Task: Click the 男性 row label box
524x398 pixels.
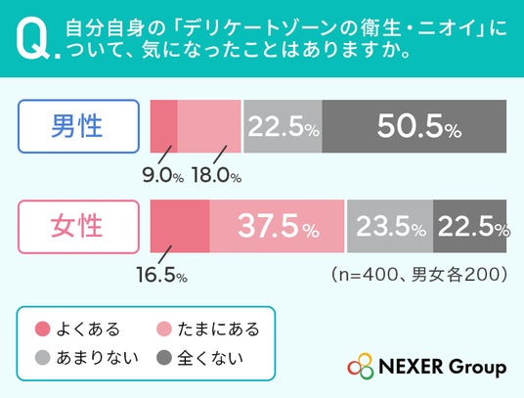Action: coord(78,126)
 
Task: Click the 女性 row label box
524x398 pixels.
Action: coord(78,227)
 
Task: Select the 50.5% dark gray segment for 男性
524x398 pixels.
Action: coord(415,126)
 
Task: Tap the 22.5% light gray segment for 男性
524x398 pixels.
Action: coord(283,126)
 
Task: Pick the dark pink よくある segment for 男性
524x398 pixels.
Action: coord(164,126)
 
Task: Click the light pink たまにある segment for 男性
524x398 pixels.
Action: coord(209,126)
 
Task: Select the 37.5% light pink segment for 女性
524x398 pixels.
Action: coord(277,226)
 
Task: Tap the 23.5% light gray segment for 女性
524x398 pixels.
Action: coord(390,226)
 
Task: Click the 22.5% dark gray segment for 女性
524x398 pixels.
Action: coord(469,226)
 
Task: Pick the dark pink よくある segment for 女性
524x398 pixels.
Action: coord(180,226)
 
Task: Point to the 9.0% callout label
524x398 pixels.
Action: coord(163,175)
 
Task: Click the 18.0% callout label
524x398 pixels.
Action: coord(216,175)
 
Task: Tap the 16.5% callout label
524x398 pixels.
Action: coord(162,276)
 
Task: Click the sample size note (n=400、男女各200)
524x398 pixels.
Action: coord(419,275)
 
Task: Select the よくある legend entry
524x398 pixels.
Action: coord(77,329)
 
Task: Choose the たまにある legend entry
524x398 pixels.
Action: coord(208,329)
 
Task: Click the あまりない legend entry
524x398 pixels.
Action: coord(87,358)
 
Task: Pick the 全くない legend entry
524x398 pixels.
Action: coord(199,358)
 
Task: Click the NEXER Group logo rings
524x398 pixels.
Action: coord(360,367)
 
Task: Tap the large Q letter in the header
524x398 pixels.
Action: coord(33,40)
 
